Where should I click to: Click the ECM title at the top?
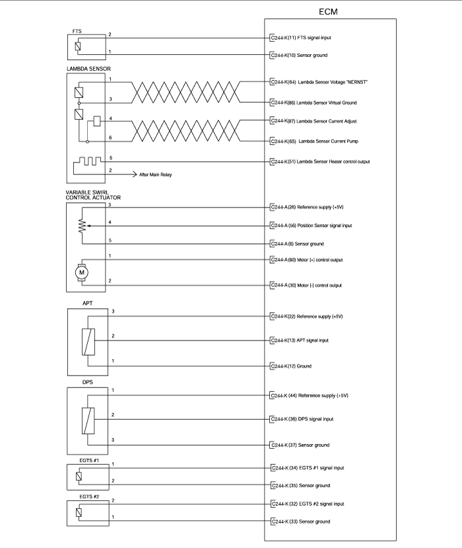[x=328, y=11]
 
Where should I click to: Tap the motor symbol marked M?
[x=82, y=272]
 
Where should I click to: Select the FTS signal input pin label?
[x=301, y=38]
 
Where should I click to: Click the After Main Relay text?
[x=156, y=175]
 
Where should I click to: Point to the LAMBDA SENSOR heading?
[x=88, y=69]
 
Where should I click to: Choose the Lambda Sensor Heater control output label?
[x=320, y=161]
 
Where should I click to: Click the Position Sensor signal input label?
[x=312, y=225]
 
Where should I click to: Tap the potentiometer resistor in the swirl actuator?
[x=82, y=226]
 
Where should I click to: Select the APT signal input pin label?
[x=300, y=340]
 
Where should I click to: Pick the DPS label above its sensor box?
[x=88, y=382]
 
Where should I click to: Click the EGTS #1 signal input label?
[x=308, y=467]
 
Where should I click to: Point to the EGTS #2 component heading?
[x=89, y=496]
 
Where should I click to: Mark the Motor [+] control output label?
[x=307, y=260]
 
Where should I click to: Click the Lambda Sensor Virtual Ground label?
[x=313, y=102]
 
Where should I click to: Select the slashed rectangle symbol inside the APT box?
[x=88, y=342]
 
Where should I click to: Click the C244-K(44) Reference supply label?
[x=310, y=395]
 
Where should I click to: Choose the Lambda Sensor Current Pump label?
[x=314, y=141]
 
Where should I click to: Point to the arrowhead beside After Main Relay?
[x=135, y=174]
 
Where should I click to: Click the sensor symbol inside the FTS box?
[x=78, y=46]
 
